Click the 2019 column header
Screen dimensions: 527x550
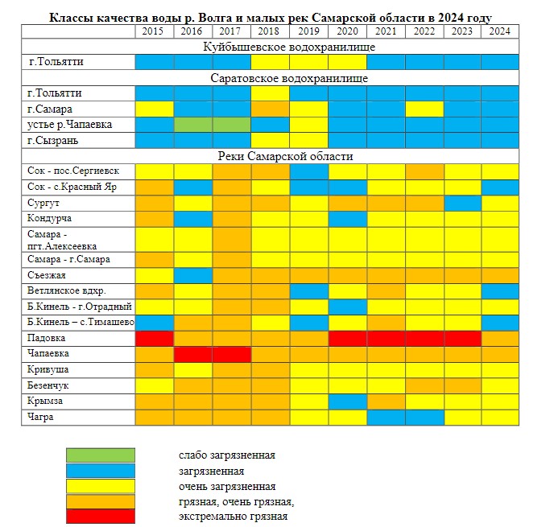(x=308, y=31)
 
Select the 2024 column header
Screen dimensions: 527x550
(x=499, y=31)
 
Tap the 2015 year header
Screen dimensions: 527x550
(x=154, y=31)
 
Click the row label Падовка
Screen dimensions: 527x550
(x=46, y=338)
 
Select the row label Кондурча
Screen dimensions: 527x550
(x=51, y=218)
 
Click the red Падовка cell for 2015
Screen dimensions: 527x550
(x=154, y=338)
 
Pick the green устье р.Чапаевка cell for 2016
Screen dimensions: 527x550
(x=193, y=125)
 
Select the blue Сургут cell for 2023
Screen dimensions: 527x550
(x=461, y=203)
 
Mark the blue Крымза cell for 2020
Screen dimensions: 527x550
(x=347, y=401)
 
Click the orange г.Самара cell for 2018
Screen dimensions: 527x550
(x=270, y=109)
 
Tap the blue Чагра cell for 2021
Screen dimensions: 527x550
(x=385, y=417)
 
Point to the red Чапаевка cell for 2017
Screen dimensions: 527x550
(x=231, y=354)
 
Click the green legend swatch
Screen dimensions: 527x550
(x=100, y=455)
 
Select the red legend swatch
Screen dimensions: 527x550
(x=100, y=517)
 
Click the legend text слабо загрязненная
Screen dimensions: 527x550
(x=227, y=455)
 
